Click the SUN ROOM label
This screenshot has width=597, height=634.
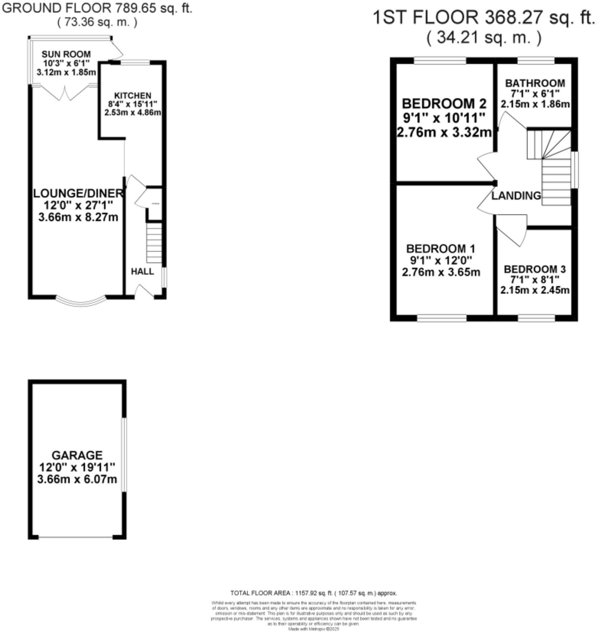coord(66,54)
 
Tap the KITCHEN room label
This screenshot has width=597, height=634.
coord(133,96)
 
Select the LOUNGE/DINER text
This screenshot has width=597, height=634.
coord(78,193)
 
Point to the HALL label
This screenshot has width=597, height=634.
coord(142,272)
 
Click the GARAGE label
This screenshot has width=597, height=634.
coord(77,455)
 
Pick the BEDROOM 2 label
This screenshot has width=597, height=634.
coord(444,104)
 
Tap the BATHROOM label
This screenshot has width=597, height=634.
coord(535,83)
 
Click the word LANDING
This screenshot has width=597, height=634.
coord(516,196)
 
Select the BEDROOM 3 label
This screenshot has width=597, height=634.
coord(535,269)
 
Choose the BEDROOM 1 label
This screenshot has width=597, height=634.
coord(441,249)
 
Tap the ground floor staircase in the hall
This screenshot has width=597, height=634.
coord(154,243)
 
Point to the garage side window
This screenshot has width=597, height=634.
coord(124,454)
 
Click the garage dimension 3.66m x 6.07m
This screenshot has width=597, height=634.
coord(77,479)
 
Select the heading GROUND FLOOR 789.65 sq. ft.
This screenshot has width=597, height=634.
coord(97,8)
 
